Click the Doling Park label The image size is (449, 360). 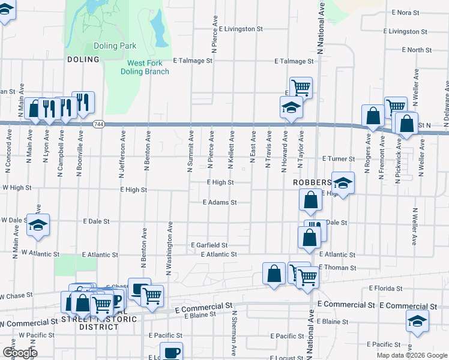click(115, 46)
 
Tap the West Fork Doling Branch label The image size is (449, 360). click(148, 67)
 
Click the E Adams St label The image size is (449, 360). click(220, 203)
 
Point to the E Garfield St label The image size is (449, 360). click(209, 245)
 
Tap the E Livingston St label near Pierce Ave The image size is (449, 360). click(241, 28)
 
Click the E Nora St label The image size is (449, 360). click(405, 12)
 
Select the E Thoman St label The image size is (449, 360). click(337, 268)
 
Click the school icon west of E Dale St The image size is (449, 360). click(38, 225)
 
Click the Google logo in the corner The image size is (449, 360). click(20, 353)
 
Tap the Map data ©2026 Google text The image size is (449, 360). click(412, 355)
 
